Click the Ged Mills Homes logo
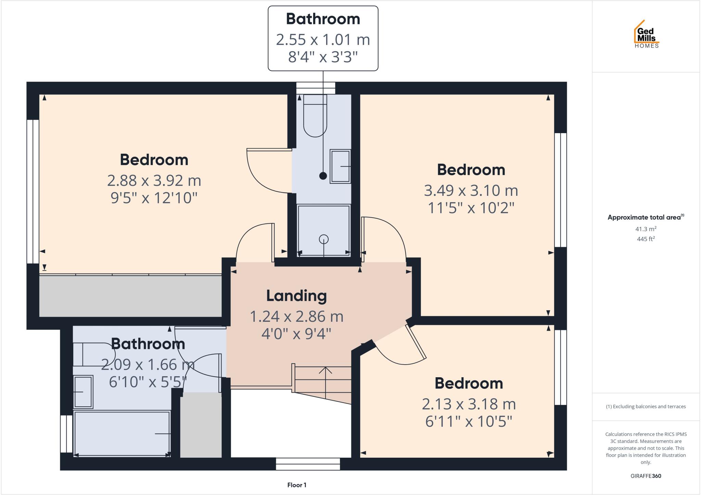(646, 35)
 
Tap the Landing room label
(296, 296)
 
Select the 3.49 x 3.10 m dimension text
(471, 190)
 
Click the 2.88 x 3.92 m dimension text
(154, 180)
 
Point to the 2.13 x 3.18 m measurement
(469, 404)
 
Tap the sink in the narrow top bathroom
(340, 166)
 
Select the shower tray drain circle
(323, 239)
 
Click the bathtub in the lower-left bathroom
(122, 433)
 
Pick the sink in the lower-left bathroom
(83, 392)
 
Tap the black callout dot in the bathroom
(323, 176)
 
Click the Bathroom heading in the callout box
(323, 19)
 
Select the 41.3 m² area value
(646, 229)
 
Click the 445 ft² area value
(646, 239)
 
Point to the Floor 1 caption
(297, 485)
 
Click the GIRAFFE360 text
(646, 476)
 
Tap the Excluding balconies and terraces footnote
(646, 407)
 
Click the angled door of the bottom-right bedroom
(416, 342)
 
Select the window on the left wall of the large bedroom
(33, 192)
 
